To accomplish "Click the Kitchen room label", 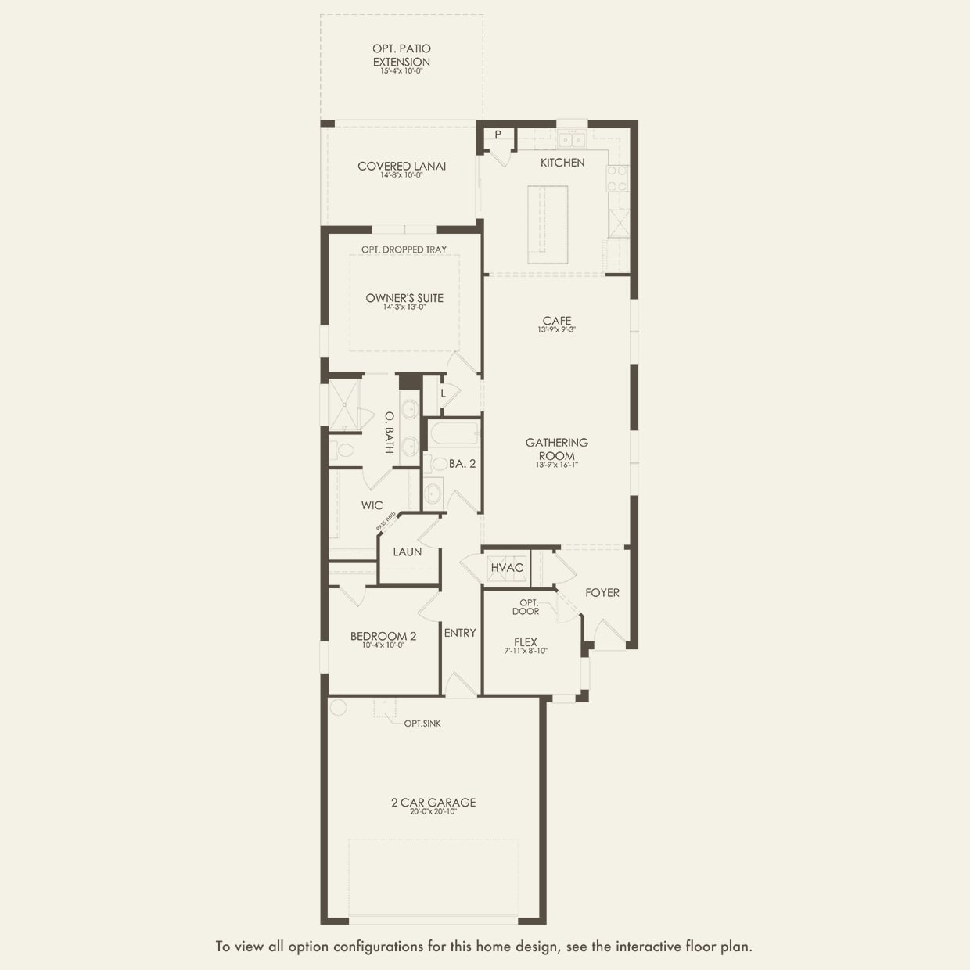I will click(562, 163).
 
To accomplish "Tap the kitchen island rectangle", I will click(548, 225).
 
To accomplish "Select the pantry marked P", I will click(498, 135).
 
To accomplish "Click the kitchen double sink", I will click(573, 141).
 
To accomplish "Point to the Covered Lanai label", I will click(401, 166).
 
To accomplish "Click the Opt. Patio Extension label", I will click(401, 55).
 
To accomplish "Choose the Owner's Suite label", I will click(404, 298).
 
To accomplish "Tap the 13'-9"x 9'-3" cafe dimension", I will click(557, 330).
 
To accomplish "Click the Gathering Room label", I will click(557, 449).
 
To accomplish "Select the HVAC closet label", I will click(507, 568).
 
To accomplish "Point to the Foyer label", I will click(602, 593).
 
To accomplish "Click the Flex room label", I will click(526, 642).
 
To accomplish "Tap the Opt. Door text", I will click(526, 607).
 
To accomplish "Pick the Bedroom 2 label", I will click(383, 637).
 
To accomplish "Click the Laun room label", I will click(408, 552).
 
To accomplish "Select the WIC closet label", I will click(372, 505).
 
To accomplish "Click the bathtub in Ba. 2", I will click(454, 433).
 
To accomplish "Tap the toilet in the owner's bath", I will click(342, 451).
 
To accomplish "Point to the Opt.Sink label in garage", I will click(422, 724).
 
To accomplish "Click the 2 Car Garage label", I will click(433, 803).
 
